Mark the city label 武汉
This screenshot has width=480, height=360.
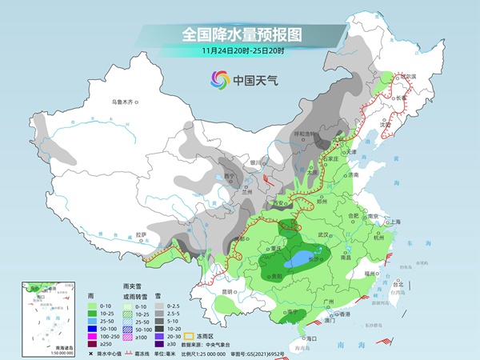323,234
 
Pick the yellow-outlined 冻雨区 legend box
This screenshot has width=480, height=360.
190,336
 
